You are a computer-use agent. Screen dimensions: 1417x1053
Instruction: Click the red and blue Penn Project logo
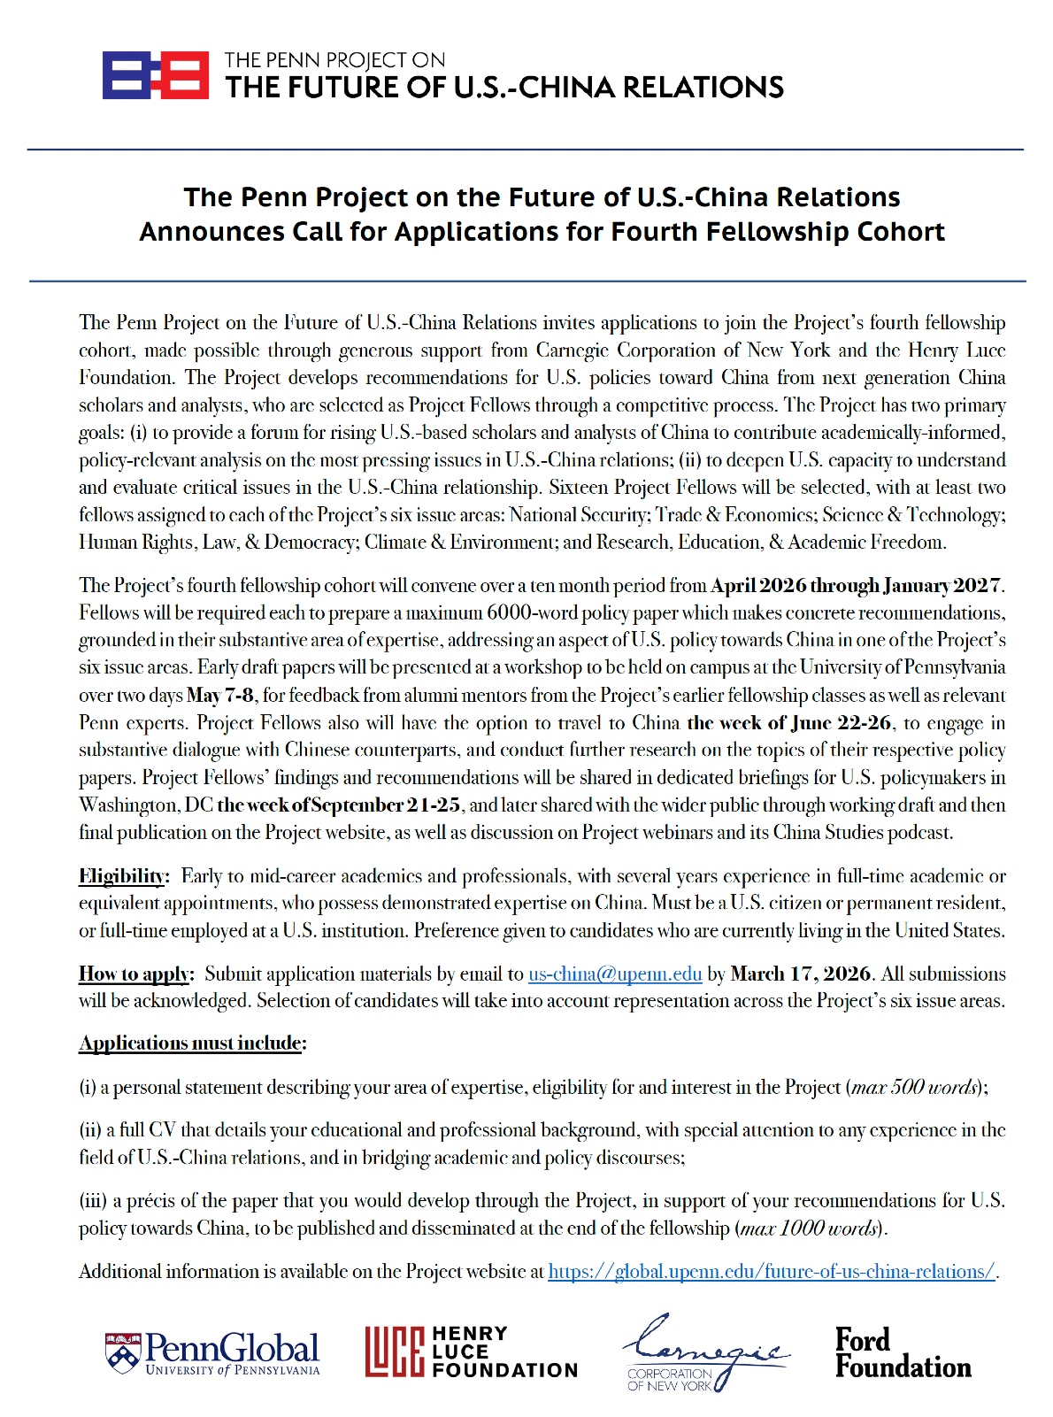tap(156, 75)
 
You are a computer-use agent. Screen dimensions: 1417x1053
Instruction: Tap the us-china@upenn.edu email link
tap(615, 974)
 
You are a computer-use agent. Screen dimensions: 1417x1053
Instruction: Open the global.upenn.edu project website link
tap(772, 1272)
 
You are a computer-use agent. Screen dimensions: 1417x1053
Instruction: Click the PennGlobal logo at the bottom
tap(212, 1354)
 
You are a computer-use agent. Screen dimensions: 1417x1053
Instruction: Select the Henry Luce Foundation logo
tap(471, 1352)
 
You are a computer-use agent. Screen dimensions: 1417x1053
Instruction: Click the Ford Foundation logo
tap(903, 1353)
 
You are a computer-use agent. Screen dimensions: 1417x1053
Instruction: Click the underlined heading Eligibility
tap(122, 876)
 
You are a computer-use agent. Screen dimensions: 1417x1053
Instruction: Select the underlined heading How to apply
tap(135, 974)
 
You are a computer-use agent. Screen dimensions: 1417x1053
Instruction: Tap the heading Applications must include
tap(190, 1043)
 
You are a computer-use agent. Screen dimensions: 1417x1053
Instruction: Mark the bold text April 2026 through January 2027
tap(857, 586)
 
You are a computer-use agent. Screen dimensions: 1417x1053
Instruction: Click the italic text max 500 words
tap(914, 1087)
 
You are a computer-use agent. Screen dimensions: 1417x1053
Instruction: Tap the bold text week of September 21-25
tap(339, 805)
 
